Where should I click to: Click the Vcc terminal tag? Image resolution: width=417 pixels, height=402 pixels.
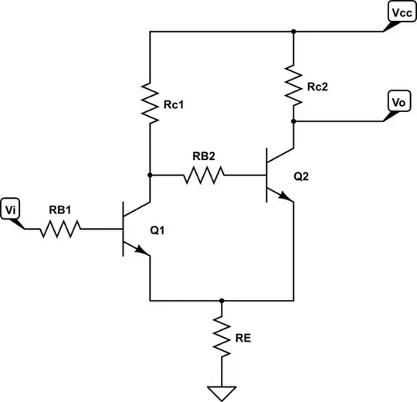(399, 15)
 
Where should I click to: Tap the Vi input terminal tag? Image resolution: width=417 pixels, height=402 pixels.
(12, 209)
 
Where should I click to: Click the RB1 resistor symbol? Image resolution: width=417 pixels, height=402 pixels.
(59, 229)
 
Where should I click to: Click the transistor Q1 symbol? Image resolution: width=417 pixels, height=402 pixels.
(135, 229)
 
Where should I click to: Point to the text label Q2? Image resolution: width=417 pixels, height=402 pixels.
(303, 176)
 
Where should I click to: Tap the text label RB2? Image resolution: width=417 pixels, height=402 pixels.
(204, 156)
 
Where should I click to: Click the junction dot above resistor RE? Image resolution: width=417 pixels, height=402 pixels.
(222, 301)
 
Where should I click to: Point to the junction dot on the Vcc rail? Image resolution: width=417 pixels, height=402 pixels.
(293, 32)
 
